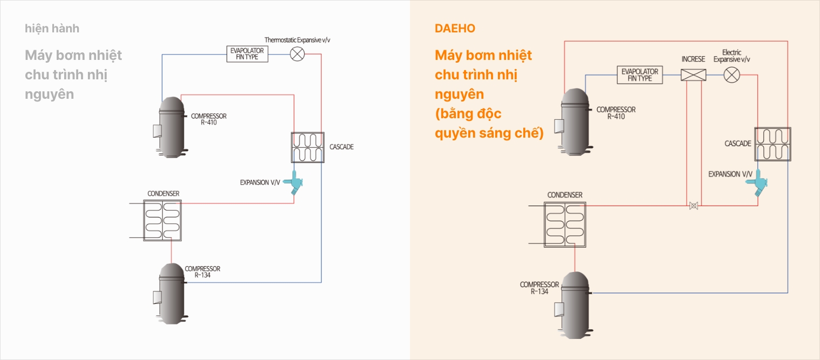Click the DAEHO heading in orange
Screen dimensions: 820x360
point(455,28)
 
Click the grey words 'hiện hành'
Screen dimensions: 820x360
point(52,28)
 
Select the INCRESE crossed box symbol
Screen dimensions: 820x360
point(693,75)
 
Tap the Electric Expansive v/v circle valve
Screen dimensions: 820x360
point(732,75)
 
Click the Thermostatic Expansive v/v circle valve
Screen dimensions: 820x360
point(297,54)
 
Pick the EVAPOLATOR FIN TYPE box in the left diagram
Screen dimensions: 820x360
point(247,54)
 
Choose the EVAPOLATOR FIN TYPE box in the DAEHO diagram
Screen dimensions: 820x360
point(639,74)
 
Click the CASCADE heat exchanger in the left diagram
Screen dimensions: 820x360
point(307,147)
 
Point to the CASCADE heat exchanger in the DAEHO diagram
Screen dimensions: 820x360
point(773,144)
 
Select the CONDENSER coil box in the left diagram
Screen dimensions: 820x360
point(162,220)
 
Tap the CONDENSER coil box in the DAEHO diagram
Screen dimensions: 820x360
point(565,225)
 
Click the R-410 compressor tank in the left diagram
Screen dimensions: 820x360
point(171,127)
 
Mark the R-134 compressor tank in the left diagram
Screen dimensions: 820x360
point(171,294)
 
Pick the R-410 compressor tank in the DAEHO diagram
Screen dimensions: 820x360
point(575,122)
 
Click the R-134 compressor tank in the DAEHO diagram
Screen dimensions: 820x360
point(575,305)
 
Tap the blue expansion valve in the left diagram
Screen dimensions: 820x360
point(294,182)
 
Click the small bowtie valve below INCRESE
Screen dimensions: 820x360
point(693,206)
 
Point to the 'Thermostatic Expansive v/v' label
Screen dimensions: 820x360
point(297,40)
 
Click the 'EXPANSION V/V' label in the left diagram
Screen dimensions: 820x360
point(260,182)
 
